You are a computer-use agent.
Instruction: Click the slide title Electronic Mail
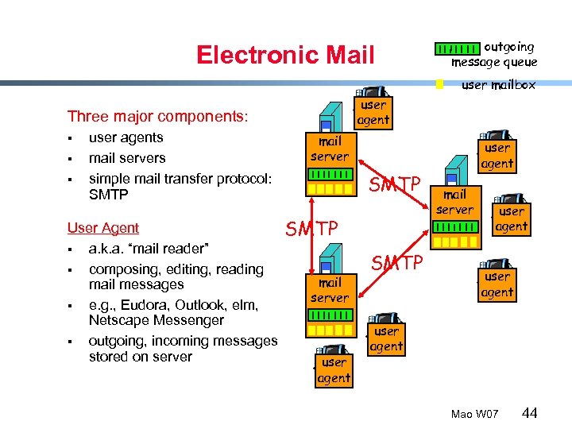click(284, 55)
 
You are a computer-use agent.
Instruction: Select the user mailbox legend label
click(498, 84)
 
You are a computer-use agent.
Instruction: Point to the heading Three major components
click(157, 117)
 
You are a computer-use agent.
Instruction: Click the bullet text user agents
click(126, 137)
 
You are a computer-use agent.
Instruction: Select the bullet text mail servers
click(127, 158)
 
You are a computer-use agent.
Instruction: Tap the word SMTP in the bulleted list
click(109, 195)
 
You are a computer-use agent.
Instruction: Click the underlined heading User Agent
click(103, 228)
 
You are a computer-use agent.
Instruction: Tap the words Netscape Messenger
click(156, 320)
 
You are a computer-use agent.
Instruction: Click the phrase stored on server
click(141, 357)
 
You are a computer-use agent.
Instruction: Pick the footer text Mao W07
click(474, 415)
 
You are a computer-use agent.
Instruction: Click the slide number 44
click(531, 413)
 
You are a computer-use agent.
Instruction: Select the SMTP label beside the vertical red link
click(312, 230)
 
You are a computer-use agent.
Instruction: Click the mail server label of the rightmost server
click(454, 202)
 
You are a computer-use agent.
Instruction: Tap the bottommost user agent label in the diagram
click(334, 370)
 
